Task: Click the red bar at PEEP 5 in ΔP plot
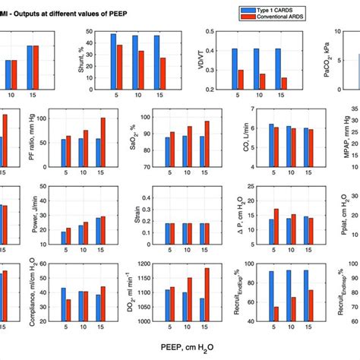276,227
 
